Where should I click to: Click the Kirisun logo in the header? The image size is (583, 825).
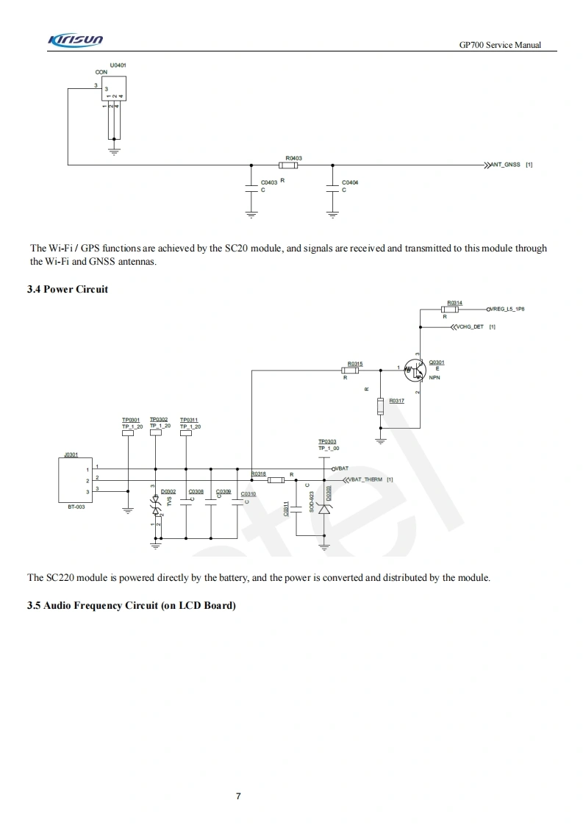(x=76, y=40)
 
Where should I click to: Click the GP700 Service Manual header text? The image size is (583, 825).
(x=500, y=45)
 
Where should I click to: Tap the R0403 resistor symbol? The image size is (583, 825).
(x=288, y=165)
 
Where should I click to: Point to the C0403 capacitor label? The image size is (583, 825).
(x=269, y=182)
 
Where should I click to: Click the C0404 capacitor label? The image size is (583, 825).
(x=350, y=182)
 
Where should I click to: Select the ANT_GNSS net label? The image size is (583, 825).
(x=506, y=165)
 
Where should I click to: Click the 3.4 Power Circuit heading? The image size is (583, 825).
(x=68, y=289)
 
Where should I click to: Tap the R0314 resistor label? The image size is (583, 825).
(x=454, y=303)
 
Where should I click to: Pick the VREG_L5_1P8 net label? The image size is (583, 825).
(x=507, y=310)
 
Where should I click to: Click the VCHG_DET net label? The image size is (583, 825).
(x=470, y=326)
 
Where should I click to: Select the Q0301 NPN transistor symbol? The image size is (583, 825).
(x=415, y=371)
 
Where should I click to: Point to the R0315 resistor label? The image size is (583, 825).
(x=355, y=363)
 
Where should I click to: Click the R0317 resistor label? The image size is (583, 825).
(x=396, y=401)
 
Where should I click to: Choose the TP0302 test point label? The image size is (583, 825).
(x=159, y=420)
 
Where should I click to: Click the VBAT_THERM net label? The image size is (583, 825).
(x=369, y=479)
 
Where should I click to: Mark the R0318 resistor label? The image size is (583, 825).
(x=259, y=474)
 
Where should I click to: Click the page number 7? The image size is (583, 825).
(x=238, y=796)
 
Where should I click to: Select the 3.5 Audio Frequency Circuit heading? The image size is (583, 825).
(x=132, y=605)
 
